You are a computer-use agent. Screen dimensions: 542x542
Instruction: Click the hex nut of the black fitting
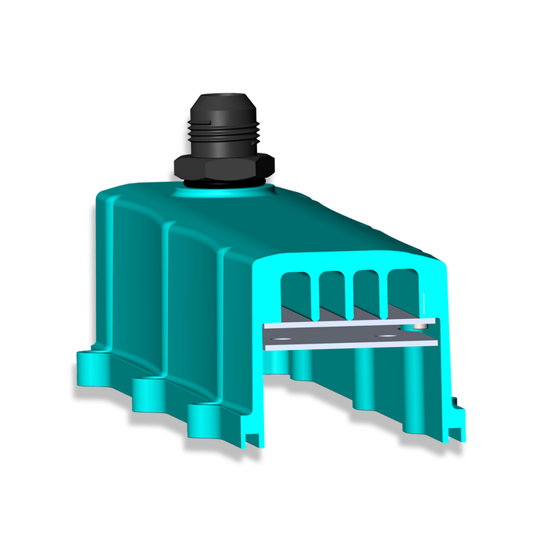pos(223,165)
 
